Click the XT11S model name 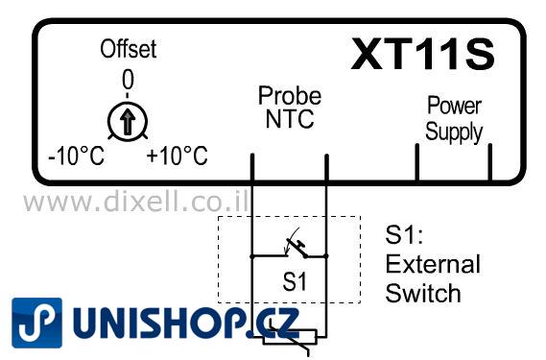tap(422, 56)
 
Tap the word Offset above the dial tap(128, 49)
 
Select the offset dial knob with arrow tap(126, 121)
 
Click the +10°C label tap(177, 156)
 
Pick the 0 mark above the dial tap(127, 78)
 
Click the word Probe tap(289, 96)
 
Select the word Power tap(454, 105)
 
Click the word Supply tap(454, 131)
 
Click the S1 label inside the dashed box tap(294, 283)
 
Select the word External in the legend tap(433, 264)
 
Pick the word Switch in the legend tap(423, 293)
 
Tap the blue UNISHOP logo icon tap(37, 323)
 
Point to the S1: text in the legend tap(404, 234)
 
